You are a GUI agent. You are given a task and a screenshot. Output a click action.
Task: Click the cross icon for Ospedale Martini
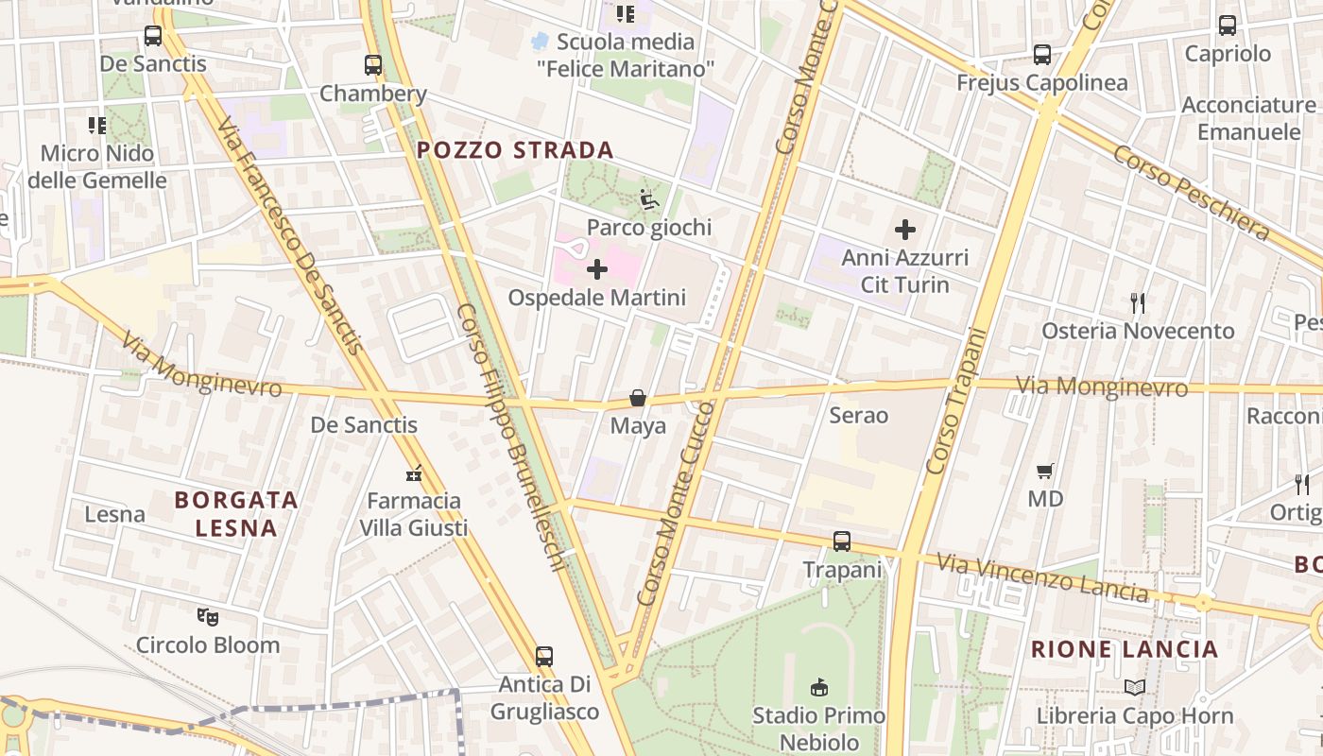(x=597, y=270)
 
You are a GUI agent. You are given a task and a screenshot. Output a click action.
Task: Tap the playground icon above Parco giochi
(x=649, y=199)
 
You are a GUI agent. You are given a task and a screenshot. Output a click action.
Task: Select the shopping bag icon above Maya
(x=638, y=399)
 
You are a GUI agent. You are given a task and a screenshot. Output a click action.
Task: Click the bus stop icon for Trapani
(x=842, y=541)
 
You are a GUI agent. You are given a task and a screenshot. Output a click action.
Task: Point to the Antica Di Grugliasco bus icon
(x=544, y=656)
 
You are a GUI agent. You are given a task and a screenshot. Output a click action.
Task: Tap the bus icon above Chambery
(x=373, y=65)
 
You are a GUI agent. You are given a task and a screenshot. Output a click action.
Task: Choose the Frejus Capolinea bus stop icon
(x=1042, y=55)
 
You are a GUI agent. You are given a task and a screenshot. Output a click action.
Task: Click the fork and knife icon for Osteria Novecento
(x=1138, y=303)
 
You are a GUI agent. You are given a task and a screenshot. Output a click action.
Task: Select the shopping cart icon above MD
(x=1045, y=471)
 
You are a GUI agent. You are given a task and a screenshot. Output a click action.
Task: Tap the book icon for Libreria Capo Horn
(x=1135, y=688)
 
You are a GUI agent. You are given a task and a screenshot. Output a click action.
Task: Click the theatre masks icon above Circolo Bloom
(x=208, y=617)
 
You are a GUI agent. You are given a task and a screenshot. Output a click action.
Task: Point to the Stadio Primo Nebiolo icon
(x=819, y=687)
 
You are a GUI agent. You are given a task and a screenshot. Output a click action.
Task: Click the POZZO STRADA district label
(x=515, y=149)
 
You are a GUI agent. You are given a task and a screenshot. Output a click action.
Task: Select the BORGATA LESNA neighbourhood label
(x=236, y=513)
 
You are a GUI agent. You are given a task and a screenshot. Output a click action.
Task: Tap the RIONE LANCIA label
(x=1124, y=649)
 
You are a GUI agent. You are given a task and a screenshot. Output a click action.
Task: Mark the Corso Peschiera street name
(x=1191, y=192)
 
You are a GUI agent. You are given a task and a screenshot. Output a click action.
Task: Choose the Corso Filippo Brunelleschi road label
(x=511, y=437)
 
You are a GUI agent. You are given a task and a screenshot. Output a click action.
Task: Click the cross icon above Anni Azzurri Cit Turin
(x=905, y=229)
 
